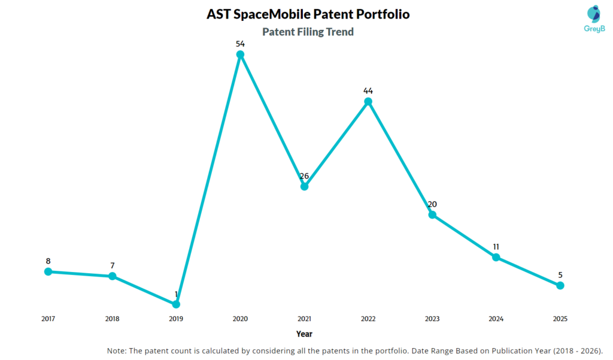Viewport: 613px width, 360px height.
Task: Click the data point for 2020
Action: pyautogui.click(x=240, y=55)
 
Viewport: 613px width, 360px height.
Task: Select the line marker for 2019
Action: pyautogui.click(x=176, y=304)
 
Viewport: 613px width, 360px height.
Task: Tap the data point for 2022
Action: pyautogui.click(x=368, y=102)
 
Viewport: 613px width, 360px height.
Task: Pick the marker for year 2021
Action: pyautogui.click(x=304, y=186)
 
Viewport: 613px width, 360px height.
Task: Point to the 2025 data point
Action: pyautogui.click(x=560, y=286)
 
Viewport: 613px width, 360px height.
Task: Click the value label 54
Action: pyautogui.click(x=240, y=44)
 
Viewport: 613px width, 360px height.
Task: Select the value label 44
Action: pyautogui.click(x=368, y=91)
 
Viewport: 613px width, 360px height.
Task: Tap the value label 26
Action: pyautogui.click(x=304, y=176)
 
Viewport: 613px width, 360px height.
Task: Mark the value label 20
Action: pyautogui.click(x=432, y=204)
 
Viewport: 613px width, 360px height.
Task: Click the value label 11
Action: pyautogui.click(x=496, y=247)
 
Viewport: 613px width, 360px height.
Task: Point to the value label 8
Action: pyautogui.click(x=48, y=261)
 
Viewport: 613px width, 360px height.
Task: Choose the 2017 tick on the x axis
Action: pyautogui.click(x=48, y=319)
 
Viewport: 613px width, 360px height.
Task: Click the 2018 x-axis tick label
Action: pyautogui.click(x=112, y=319)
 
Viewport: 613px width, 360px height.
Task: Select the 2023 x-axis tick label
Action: pyautogui.click(x=432, y=319)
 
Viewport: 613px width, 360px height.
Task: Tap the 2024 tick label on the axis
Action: pyautogui.click(x=496, y=319)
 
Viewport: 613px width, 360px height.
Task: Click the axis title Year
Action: pyautogui.click(x=304, y=334)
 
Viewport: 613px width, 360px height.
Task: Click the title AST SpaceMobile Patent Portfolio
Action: pyautogui.click(x=308, y=14)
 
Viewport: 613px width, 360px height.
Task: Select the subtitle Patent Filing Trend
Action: pyautogui.click(x=308, y=32)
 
